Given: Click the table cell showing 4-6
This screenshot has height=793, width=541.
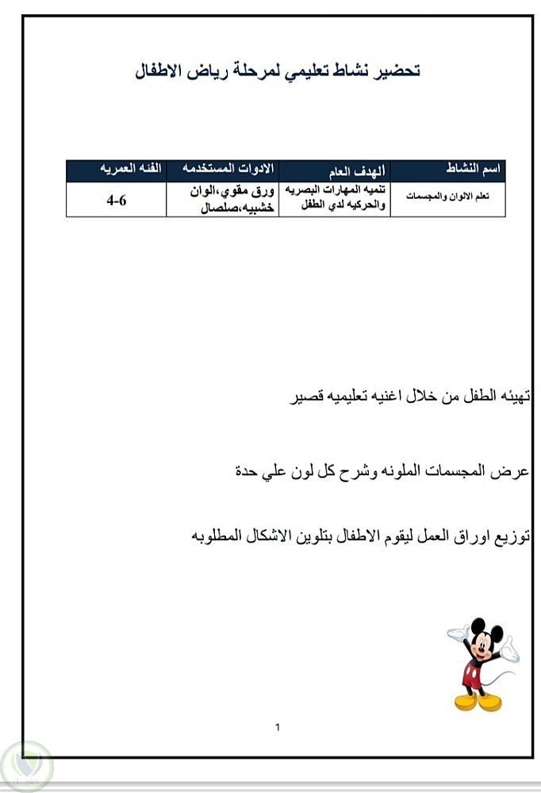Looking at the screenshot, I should tap(117, 201).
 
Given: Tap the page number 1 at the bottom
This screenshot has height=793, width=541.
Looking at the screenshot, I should tap(277, 726).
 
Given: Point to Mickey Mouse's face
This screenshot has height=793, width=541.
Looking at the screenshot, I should tap(482, 646).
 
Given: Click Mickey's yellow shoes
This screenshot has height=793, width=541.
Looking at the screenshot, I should tap(478, 703).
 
